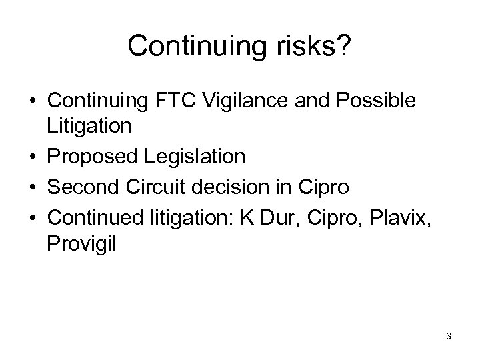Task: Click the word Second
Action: tap(83, 187)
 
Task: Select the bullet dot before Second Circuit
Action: tap(32, 187)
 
